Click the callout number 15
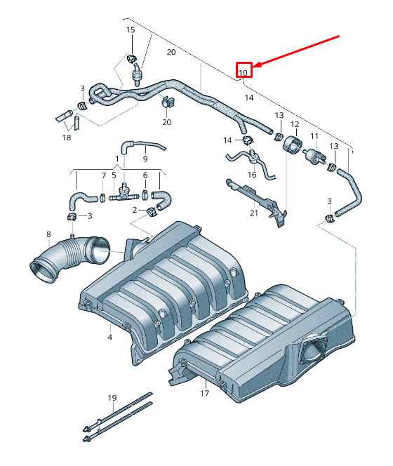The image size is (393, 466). (131, 29)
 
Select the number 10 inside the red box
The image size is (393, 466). (243, 72)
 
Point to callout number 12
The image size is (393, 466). (295, 125)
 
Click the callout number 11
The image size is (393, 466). (314, 135)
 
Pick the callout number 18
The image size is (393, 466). (67, 138)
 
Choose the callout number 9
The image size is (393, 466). (145, 149)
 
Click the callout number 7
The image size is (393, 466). (102, 175)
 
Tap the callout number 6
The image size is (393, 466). (145, 175)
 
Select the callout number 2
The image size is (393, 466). (134, 209)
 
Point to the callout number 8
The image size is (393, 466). (48, 234)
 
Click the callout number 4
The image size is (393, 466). (110, 338)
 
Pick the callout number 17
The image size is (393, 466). (205, 394)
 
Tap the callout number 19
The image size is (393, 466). (112, 399)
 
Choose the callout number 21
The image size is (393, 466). (253, 213)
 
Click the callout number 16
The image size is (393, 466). (252, 174)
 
